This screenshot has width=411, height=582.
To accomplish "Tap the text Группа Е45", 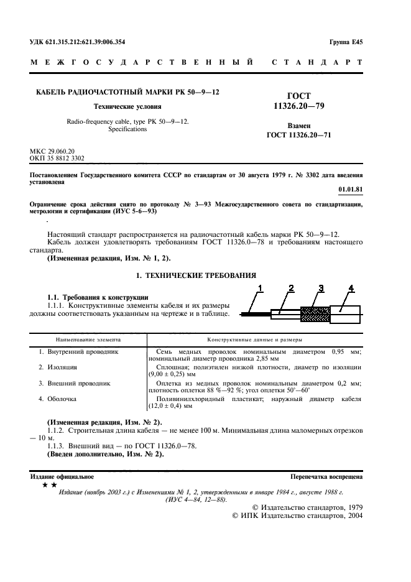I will coord(346,42).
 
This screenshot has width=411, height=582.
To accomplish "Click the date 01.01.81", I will coord(351,188).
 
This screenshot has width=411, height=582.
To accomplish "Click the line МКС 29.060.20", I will coord(52,151).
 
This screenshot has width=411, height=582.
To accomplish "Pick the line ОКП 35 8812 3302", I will coord(57,159).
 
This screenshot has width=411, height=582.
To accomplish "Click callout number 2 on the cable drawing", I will coord(290,287).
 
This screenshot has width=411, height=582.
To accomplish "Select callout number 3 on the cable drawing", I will coord(321,287).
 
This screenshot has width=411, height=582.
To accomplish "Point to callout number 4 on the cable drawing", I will coord(351,287).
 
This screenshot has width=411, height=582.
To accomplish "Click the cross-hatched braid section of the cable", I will coord(315,313).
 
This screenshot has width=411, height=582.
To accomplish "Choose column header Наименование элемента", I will coord(88,340).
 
